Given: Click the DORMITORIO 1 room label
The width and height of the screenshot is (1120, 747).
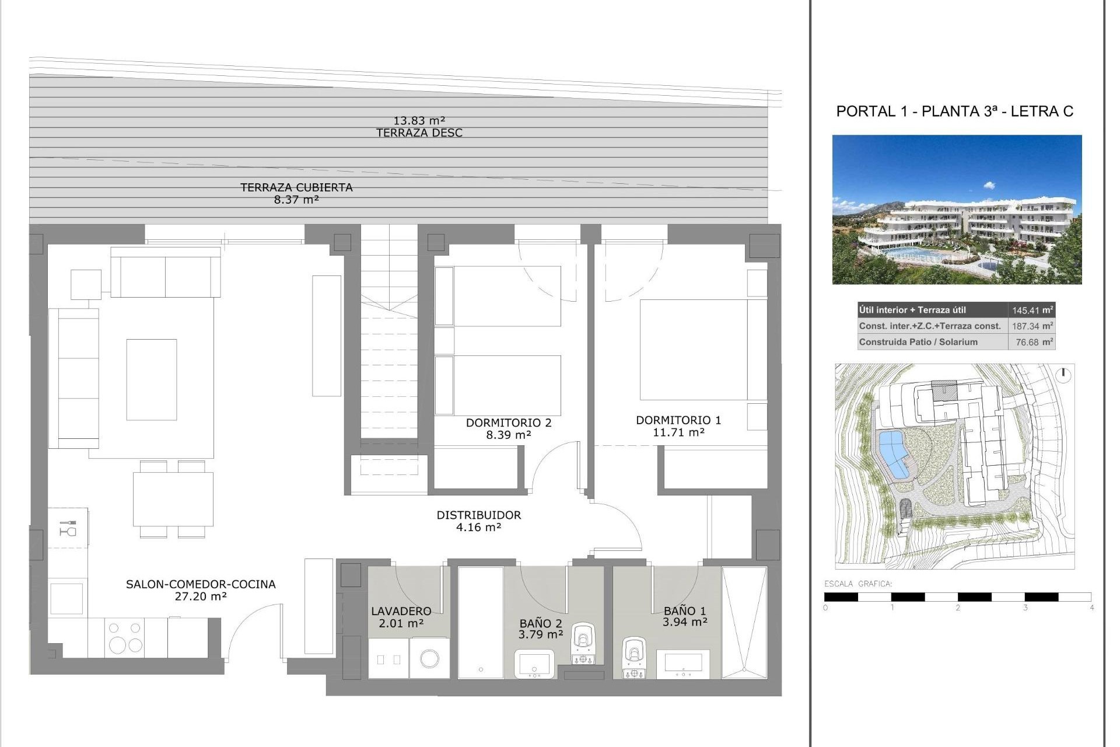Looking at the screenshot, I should click(678, 420).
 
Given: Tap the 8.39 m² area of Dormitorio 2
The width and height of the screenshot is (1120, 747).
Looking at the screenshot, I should click(508, 435).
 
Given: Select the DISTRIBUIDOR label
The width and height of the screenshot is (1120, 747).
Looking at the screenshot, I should click(478, 515).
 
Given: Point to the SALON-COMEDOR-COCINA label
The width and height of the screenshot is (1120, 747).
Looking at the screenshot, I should click(201, 584).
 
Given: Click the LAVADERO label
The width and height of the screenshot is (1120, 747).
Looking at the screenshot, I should click(401, 611).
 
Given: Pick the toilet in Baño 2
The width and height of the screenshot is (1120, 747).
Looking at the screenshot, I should click(583, 642).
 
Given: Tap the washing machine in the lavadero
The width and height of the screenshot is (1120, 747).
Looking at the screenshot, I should click(429, 658).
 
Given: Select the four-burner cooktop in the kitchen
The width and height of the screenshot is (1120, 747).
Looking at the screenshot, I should click(125, 637).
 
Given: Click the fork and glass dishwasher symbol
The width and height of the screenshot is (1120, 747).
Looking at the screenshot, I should click(68, 528).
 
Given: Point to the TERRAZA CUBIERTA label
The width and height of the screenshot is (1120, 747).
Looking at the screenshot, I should click(296, 187).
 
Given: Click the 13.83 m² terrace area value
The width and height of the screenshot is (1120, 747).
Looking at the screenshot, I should click(419, 121).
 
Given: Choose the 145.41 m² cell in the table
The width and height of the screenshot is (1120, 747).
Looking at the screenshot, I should click(1032, 310).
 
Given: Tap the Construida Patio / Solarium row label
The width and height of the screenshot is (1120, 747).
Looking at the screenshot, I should click(918, 342).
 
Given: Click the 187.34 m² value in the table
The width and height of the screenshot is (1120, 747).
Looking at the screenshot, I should click(1032, 326).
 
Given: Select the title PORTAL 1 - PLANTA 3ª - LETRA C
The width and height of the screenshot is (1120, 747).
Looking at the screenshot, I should click(954, 111).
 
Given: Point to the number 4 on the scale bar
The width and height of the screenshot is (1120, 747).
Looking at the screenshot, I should click(1091, 608).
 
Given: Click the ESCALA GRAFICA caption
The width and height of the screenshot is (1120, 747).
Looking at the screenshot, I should click(857, 584).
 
